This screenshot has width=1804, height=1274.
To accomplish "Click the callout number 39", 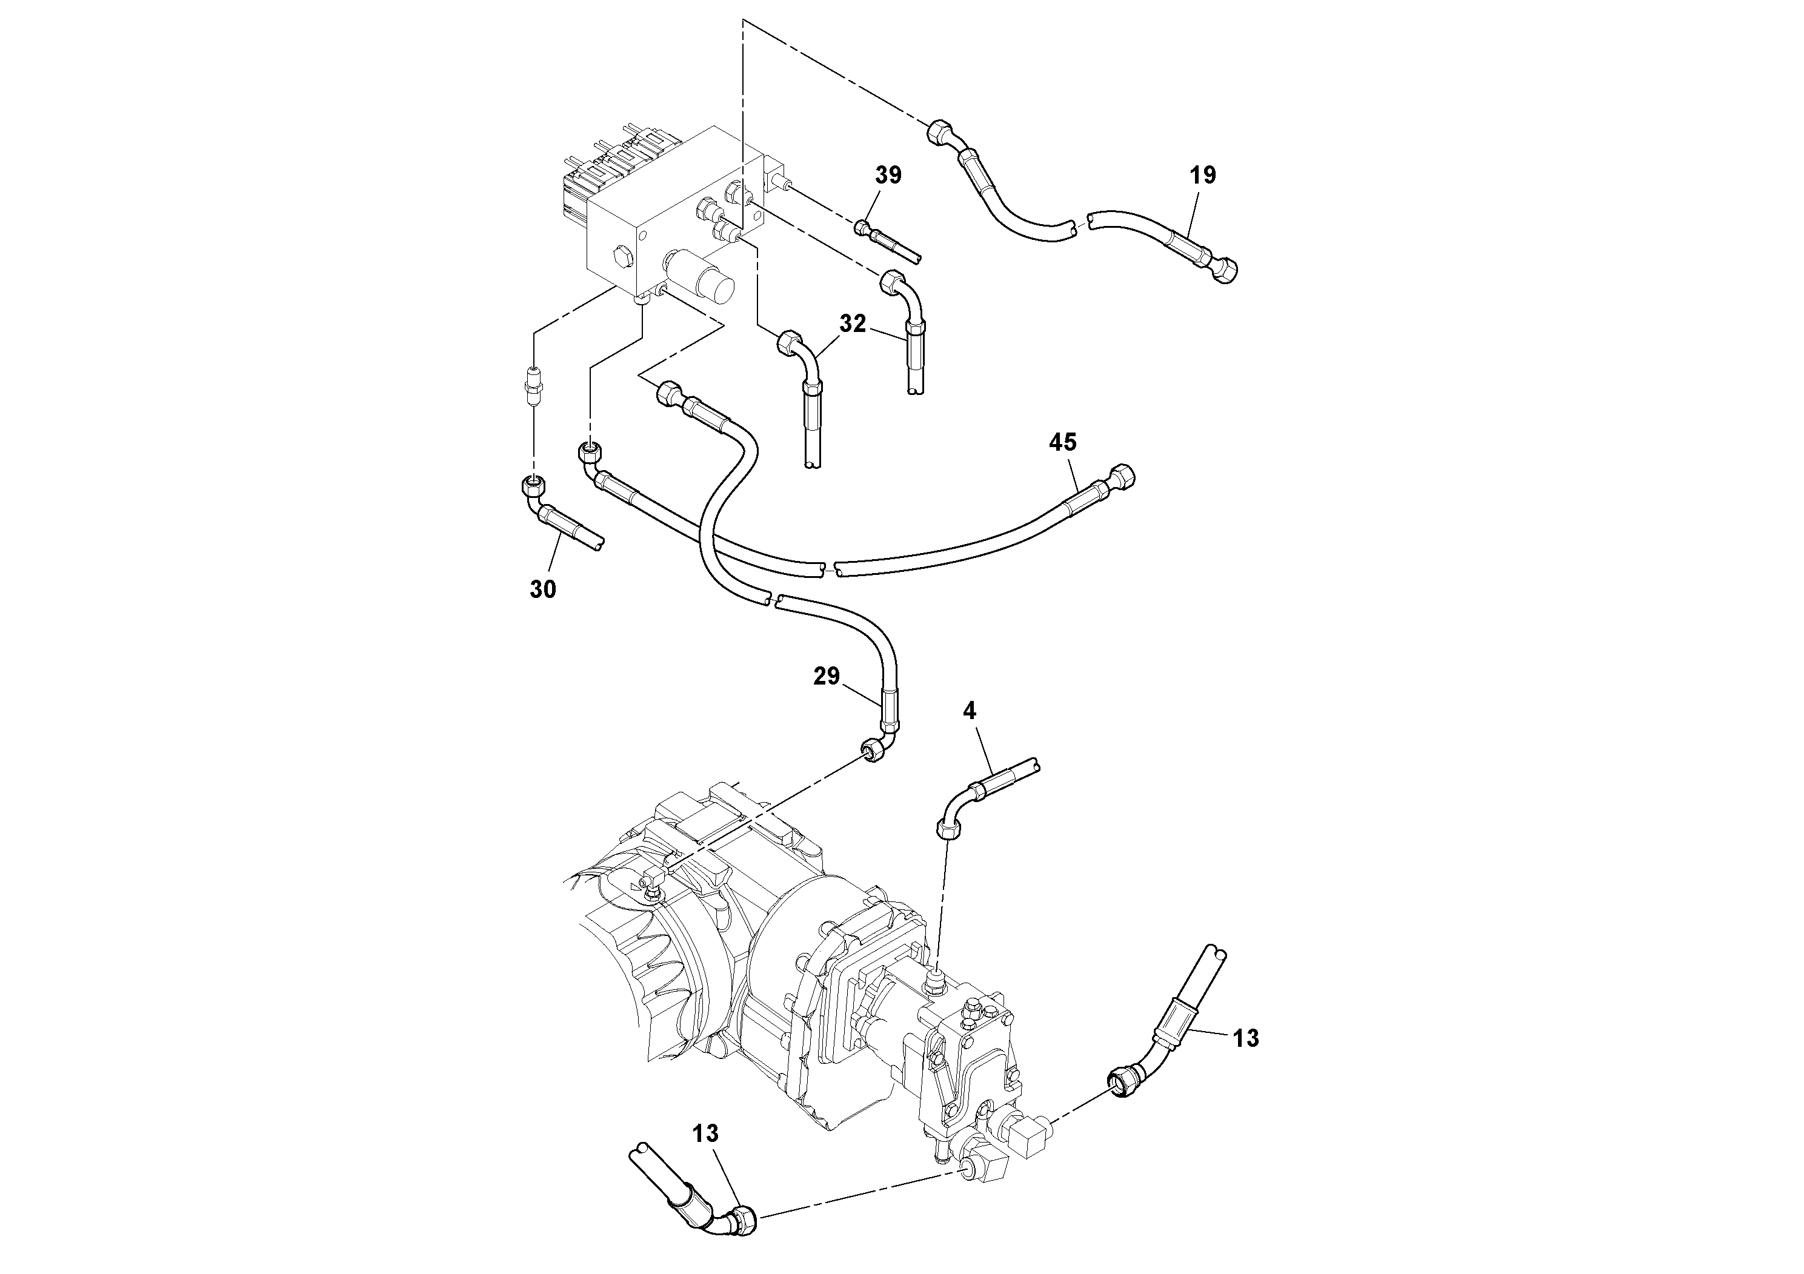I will point(888,175).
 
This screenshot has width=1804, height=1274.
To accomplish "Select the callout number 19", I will point(1203,175).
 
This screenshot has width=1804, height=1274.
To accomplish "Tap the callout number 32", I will point(853,323).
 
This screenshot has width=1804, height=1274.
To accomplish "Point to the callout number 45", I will point(1062,443).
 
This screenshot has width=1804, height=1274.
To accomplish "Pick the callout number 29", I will point(827,676).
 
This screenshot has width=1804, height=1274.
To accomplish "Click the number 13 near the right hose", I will point(1246,1038).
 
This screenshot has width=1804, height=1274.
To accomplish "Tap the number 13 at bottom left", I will point(705,1133).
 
